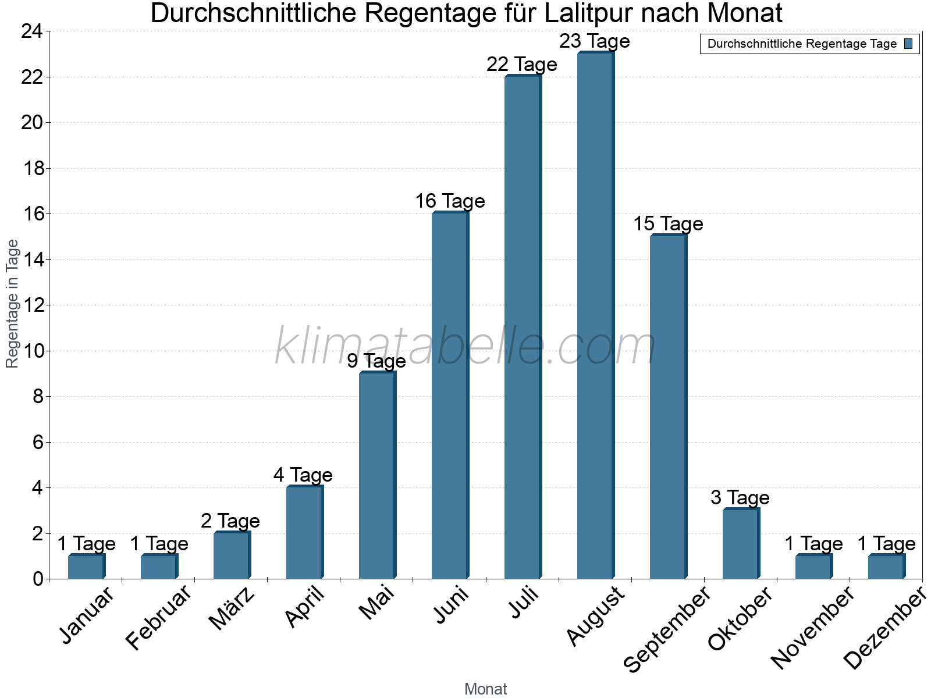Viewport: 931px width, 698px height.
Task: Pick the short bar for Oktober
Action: point(740,544)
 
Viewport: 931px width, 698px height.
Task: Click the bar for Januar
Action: point(86,567)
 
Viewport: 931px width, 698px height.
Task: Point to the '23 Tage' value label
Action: point(594,41)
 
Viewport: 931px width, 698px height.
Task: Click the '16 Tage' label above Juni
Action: point(449,201)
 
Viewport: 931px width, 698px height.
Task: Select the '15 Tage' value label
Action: point(667,224)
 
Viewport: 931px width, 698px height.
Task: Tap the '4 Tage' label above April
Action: point(303,475)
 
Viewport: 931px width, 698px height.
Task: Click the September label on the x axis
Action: point(667,629)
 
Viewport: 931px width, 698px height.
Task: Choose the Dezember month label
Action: point(884,628)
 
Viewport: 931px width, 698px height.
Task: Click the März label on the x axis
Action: point(232,608)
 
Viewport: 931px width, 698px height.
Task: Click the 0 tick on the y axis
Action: point(38,579)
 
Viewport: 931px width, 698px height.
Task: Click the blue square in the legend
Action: point(908,44)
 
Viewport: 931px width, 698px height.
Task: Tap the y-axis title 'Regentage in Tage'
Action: point(12,304)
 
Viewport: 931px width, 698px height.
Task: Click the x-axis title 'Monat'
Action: point(485,689)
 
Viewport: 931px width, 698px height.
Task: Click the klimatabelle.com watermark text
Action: point(465,347)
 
